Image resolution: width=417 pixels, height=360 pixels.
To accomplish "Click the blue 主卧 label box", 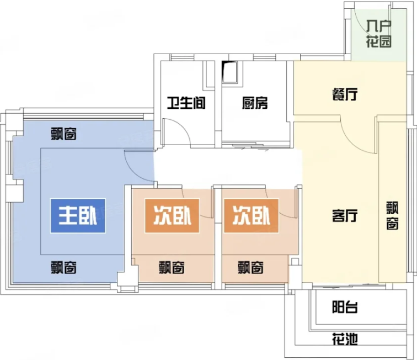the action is (x=78, y=216).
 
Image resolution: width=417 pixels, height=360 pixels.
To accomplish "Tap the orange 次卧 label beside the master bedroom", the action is (x=172, y=216).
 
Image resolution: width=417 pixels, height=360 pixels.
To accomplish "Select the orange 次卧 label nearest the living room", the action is (x=252, y=216).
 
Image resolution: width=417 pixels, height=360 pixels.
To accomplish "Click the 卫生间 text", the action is (x=186, y=103).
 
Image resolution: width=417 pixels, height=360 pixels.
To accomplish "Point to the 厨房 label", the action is (x=255, y=103).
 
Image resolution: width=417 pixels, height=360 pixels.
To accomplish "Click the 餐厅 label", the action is (x=345, y=94).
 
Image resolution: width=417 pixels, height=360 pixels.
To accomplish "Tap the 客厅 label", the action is (x=345, y=216).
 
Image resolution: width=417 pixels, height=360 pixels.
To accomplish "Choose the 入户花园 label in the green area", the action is (x=379, y=34).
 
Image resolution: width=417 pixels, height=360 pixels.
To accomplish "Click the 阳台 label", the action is (x=345, y=307).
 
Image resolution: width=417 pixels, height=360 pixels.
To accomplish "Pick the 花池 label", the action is (x=345, y=339).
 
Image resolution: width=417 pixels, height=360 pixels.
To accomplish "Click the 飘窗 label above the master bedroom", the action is (x=64, y=134).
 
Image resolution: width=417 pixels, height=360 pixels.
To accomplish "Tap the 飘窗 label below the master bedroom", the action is (x=64, y=268).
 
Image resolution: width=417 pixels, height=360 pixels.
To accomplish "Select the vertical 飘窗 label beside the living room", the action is (x=392, y=215).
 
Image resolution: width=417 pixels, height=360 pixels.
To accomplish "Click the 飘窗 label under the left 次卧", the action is (x=172, y=268).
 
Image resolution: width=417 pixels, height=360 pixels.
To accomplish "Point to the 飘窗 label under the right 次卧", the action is (x=251, y=268).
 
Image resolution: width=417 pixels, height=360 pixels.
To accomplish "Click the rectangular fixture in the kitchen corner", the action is (x=231, y=72).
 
